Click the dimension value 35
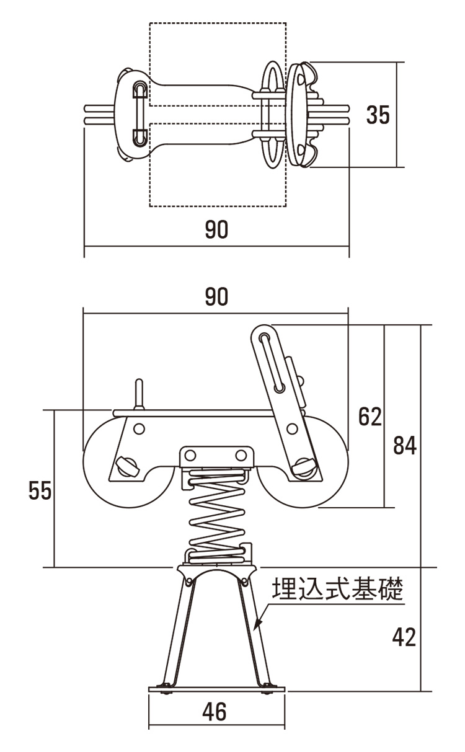(x=378, y=115)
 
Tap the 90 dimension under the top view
(x=216, y=229)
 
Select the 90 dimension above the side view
(x=216, y=297)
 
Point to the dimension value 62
(x=370, y=417)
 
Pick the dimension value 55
(x=40, y=490)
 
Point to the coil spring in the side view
(x=216, y=515)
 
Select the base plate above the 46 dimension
(x=216, y=689)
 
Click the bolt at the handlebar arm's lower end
(x=303, y=465)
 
